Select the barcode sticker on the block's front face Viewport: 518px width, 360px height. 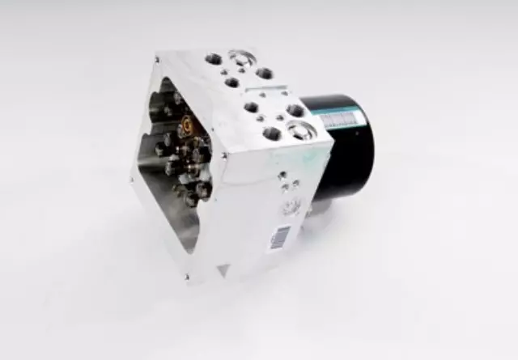[x=280, y=235]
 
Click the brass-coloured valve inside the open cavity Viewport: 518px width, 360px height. [x=187, y=125]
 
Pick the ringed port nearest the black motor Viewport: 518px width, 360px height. [x=300, y=130]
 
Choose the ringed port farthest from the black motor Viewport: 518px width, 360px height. [x=241, y=58]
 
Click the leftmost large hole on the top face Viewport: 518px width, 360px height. [x=214, y=59]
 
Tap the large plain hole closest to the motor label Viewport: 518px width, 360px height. [x=295, y=110]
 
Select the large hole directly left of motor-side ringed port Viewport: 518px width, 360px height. [x=272, y=133]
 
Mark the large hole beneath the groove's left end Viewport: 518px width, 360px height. [x=252, y=107]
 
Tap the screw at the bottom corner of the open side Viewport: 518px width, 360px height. [x=188, y=277]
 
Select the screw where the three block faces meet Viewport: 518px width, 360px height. [x=224, y=155]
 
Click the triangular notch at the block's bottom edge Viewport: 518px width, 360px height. [x=222, y=270]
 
